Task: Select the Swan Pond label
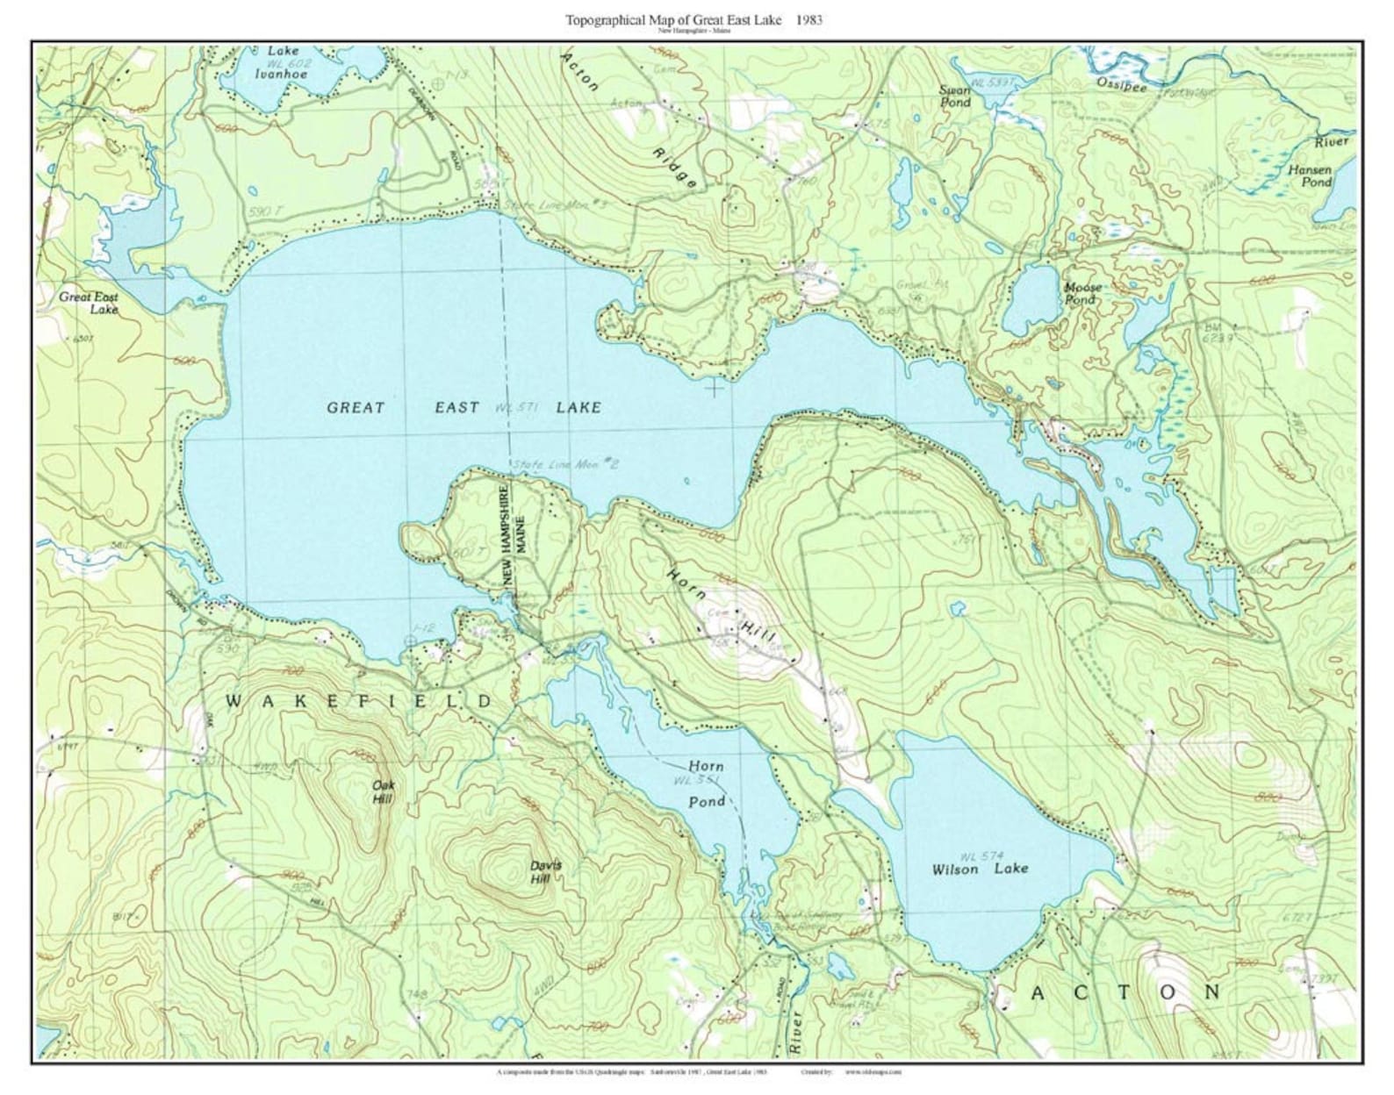[x=955, y=97]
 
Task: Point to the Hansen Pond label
[x=1310, y=176]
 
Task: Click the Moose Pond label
[x=1081, y=293]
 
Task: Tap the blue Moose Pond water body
[x=1032, y=296]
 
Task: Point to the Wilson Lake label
[x=980, y=869]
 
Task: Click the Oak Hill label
[x=383, y=792]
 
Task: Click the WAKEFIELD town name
[x=360, y=701]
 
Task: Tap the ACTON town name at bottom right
[x=1125, y=992]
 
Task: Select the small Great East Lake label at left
[x=89, y=303]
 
